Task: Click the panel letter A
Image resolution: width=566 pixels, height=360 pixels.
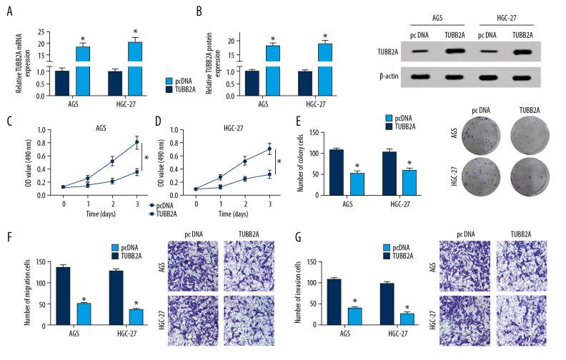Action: (x=10, y=9)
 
